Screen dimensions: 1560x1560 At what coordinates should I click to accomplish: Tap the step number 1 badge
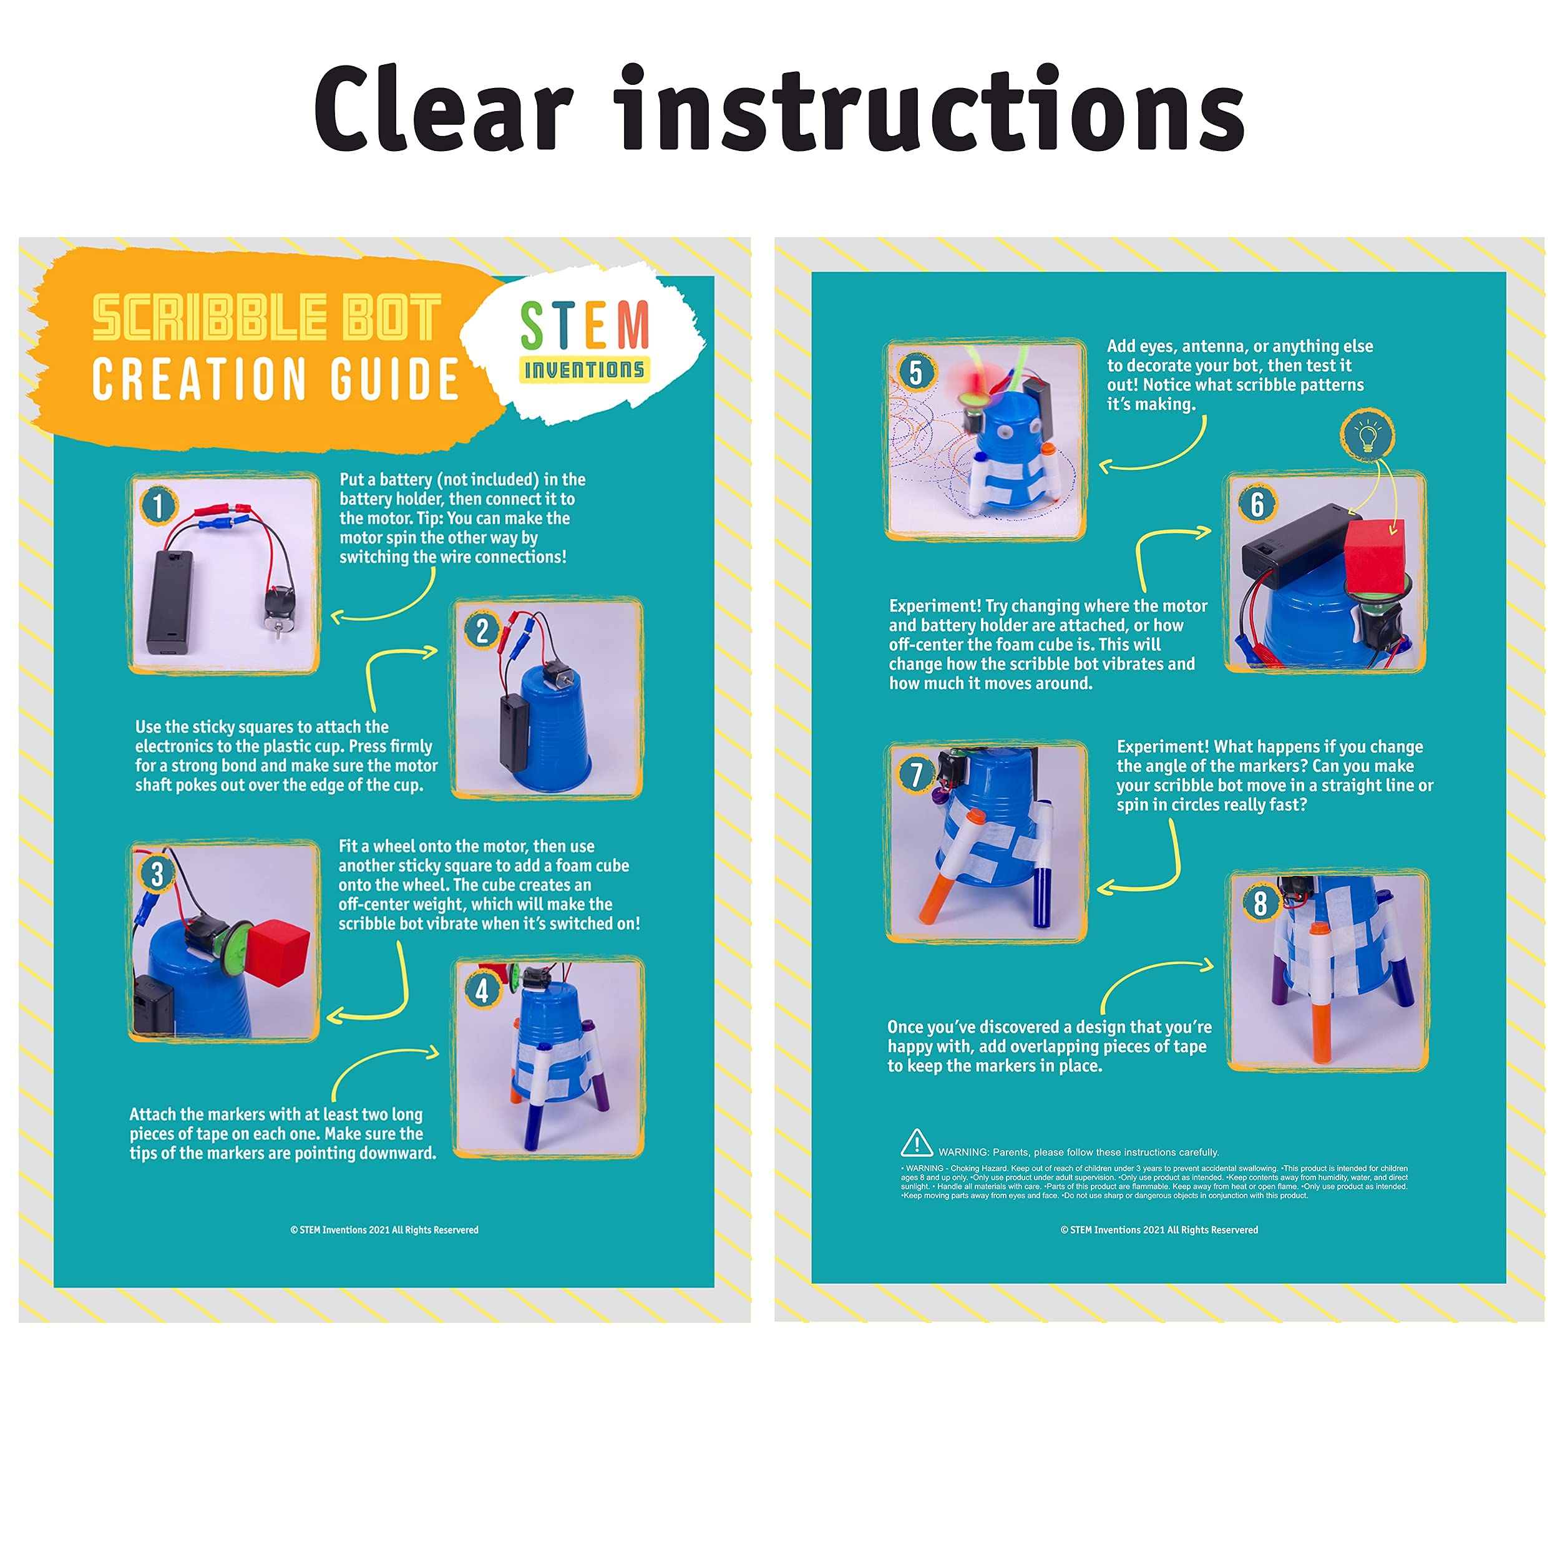tap(158, 505)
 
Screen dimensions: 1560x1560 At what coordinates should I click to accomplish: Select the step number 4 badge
tap(482, 989)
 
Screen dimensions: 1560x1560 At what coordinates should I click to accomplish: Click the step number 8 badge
tap(1260, 904)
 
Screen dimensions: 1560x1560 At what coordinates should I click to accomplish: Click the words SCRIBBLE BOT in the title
tap(266, 318)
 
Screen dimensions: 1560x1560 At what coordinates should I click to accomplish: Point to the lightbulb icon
tap(1367, 436)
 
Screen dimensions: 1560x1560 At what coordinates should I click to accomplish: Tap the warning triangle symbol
tap(917, 1143)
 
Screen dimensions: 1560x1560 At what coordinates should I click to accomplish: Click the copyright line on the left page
tap(384, 1230)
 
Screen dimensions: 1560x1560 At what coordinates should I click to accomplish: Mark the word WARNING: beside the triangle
tap(963, 1153)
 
